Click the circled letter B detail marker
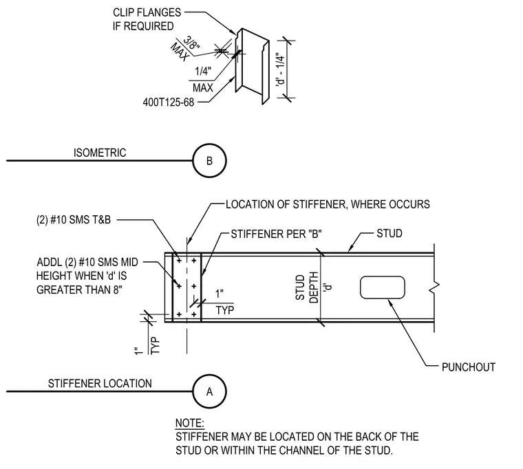point(209,161)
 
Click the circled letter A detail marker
point(209,391)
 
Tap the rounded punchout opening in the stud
point(383,287)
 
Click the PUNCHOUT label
point(469,367)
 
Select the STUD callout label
point(389,233)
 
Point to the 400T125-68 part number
point(169,102)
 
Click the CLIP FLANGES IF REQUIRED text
point(147,19)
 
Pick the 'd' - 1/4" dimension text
point(281,69)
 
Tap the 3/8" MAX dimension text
point(185,50)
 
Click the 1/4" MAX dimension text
point(203,79)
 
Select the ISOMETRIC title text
point(100,153)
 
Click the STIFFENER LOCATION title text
point(100,383)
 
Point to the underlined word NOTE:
point(190,424)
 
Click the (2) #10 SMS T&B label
point(74,220)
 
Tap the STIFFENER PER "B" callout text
point(276,234)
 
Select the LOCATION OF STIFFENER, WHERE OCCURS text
point(328,204)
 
